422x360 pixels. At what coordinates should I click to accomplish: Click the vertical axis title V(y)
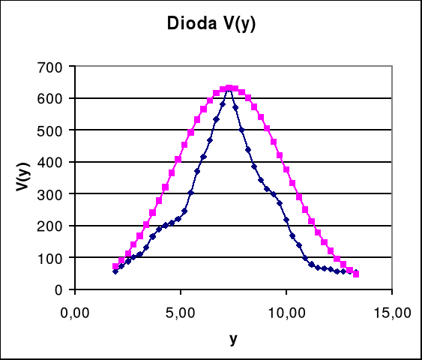tap(25, 178)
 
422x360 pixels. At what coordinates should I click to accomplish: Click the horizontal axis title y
tap(233, 338)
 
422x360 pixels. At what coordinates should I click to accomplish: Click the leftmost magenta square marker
tap(115, 266)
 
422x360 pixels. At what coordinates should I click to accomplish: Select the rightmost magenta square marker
tap(356, 274)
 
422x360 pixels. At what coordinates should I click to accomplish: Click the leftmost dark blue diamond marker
tap(115, 271)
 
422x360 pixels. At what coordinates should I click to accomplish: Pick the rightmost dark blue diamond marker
tap(355, 272)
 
